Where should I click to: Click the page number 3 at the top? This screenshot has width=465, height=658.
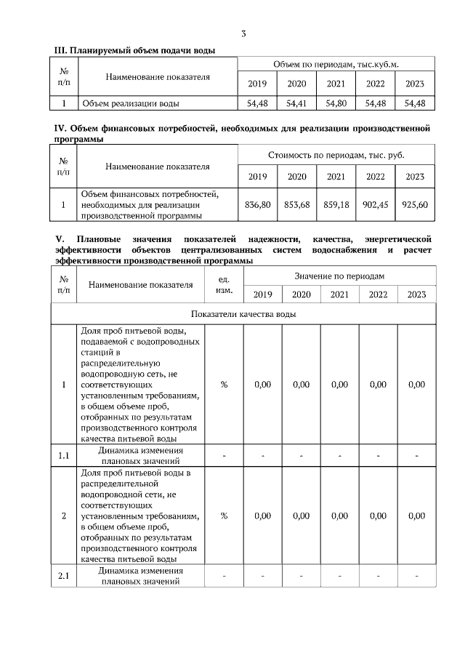click(243, 33)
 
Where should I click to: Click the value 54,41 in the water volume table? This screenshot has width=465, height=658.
click(296, 104)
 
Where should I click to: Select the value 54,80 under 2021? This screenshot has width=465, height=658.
click(336, 104)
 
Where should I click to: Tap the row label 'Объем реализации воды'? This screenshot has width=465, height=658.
click(130, 104)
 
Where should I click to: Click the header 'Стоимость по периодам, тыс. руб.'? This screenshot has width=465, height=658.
click(336, 155)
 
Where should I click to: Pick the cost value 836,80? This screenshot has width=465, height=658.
click(258, 205)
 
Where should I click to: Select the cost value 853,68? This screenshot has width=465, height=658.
click(297, 205)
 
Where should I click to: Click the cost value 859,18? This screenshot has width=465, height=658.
click(336, 205)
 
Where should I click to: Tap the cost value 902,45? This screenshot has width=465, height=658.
click(376, 205)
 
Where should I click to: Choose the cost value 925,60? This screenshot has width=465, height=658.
click(415, 205)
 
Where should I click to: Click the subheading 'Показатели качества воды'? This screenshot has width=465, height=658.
click(243, 314)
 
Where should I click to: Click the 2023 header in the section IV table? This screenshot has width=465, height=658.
click(415, 177)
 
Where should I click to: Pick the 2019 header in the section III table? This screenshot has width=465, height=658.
click(257, 84)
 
